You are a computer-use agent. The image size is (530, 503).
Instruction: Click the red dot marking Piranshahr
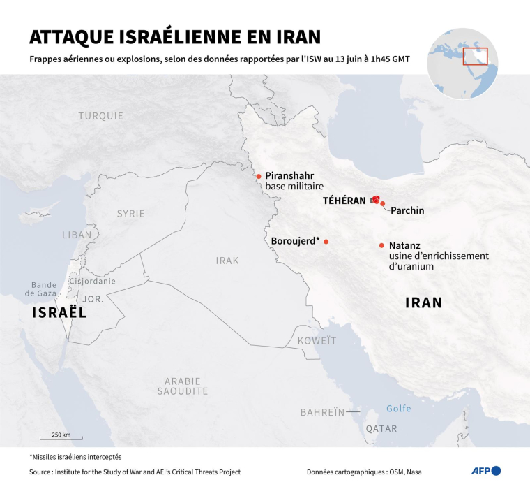point(259,177)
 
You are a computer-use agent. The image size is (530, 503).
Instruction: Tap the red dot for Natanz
point(381,245)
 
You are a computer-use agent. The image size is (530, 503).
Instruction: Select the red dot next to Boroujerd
point(326,242)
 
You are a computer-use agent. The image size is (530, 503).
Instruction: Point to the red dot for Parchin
point(383,204)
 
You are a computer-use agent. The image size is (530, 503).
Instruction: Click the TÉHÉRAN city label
point(344,201)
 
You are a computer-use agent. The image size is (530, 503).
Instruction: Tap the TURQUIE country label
point(101,116)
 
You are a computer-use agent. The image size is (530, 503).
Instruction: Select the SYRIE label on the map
point(131,214)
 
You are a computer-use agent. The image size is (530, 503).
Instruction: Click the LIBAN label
point(77,235)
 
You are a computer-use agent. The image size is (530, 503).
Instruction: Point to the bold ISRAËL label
point(59,314)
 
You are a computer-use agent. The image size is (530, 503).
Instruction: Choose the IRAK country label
point(227,261)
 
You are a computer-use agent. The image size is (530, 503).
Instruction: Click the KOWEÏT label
point(317,340)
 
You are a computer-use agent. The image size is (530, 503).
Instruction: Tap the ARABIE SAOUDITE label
point(183,386)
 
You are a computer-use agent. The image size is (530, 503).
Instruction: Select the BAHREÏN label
point(323,412)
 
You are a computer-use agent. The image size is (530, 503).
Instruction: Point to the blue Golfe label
point(398,409)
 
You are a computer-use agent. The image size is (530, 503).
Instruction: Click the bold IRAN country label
point(424,302)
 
